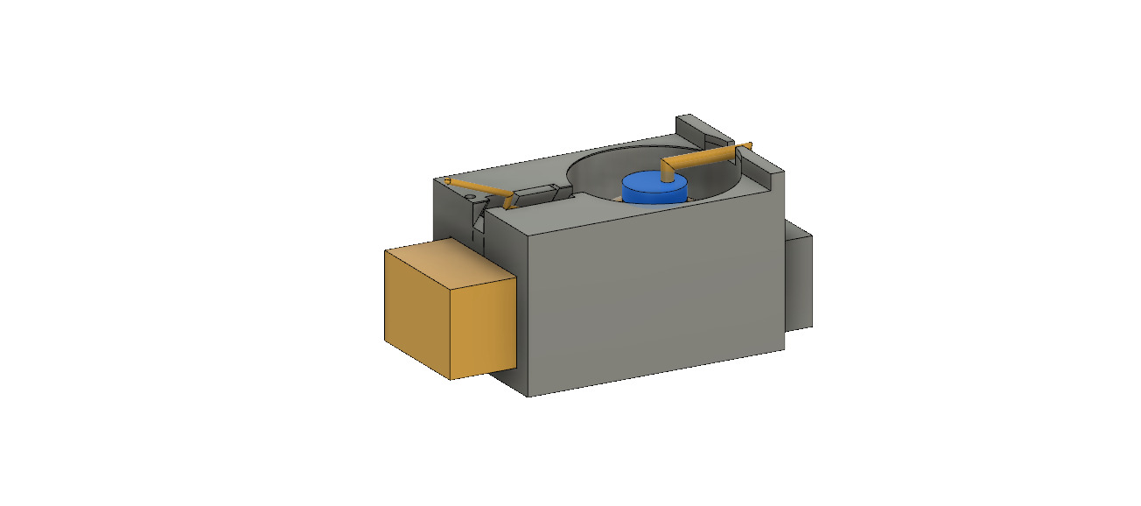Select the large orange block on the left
448,311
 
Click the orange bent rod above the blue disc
700,158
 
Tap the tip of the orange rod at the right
749,144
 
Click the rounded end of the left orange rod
446,180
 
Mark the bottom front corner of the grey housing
528,396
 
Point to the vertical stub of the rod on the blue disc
669,172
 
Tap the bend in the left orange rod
507,193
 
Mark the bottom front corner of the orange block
451,379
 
